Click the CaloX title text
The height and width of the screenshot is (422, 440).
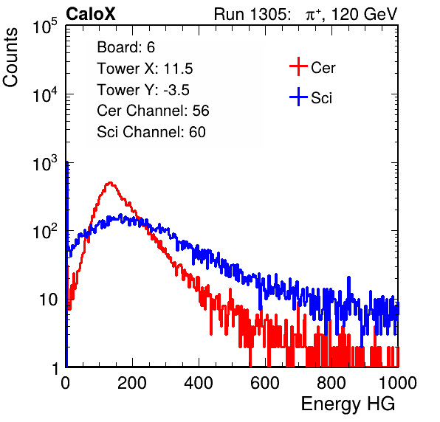click(x=90, y=14)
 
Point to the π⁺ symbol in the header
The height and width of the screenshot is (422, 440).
click(x=313, y=13)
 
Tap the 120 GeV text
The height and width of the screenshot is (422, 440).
click(x=365, y=14)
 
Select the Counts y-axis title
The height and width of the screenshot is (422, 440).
click(x=10, y=57)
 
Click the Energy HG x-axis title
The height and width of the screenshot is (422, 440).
click(x=348, y=404)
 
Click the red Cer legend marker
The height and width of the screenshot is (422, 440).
click(x=298, y=66)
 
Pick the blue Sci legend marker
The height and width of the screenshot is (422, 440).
click(x=298, y=97)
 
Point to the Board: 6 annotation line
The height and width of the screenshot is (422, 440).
click(x=126, y=47)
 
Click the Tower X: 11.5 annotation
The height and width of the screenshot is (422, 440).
click(x=145, y=69)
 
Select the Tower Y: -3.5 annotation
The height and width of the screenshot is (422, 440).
click(x=143, y=90)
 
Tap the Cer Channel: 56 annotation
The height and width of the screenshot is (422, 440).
click(x=153, y=111)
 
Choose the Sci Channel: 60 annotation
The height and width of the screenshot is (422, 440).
click(x=151, y=132)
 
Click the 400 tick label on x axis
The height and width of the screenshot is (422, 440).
click(x=199, y=383)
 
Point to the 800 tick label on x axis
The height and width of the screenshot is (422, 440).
click(x=331, y=383)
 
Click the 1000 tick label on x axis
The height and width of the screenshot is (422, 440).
click(x=398, y=383)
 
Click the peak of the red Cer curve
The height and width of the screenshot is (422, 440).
click(x=110, y=183)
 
